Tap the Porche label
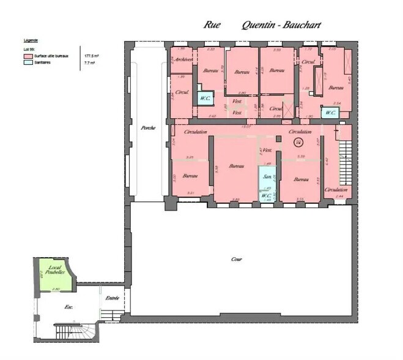point(147,128)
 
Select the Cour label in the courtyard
point(236,259)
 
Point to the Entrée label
point(113,298)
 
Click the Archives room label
point(182,59)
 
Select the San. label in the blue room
point(266,177)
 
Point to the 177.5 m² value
point(91,55)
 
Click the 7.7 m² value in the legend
point(89,62)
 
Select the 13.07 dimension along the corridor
point(246,126)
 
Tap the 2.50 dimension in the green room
point(55,288)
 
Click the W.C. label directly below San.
point(266,195)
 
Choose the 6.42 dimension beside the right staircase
point(327,162)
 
